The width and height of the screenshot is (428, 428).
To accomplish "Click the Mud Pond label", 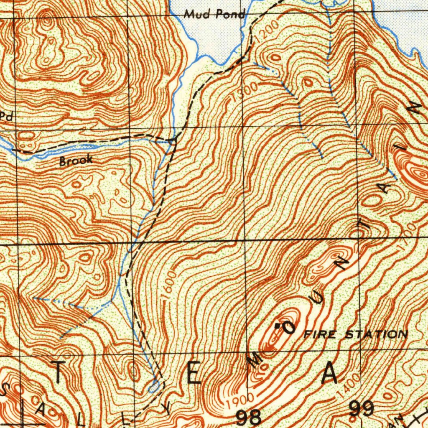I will point(214,15).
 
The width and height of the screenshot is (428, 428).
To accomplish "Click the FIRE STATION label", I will point(355,334).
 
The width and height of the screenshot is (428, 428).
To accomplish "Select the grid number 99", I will point(362,409).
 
